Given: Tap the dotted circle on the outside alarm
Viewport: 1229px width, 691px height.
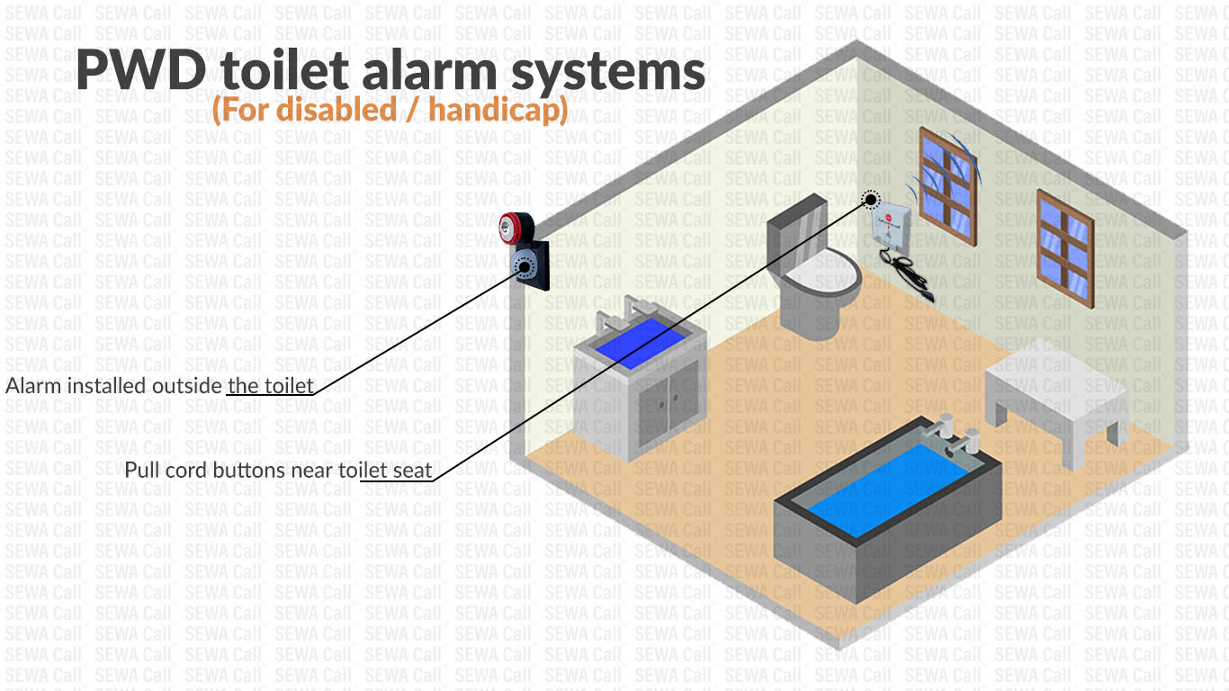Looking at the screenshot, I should pos(522,266).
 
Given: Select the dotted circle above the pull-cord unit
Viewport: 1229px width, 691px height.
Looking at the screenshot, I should pos(869,201).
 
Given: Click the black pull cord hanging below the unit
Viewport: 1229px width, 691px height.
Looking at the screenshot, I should pos(911,274).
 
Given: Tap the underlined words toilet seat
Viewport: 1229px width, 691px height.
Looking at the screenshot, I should pos(396,470).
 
